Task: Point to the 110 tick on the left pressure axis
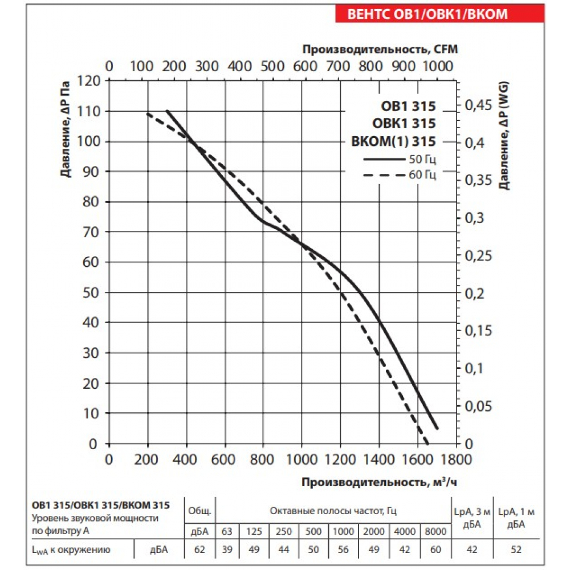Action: click(91, 111)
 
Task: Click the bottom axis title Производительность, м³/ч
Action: click(379, 483)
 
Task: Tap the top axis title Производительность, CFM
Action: click(380, 49)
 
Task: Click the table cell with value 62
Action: click(199, 550)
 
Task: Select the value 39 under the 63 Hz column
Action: click(227, 550)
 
